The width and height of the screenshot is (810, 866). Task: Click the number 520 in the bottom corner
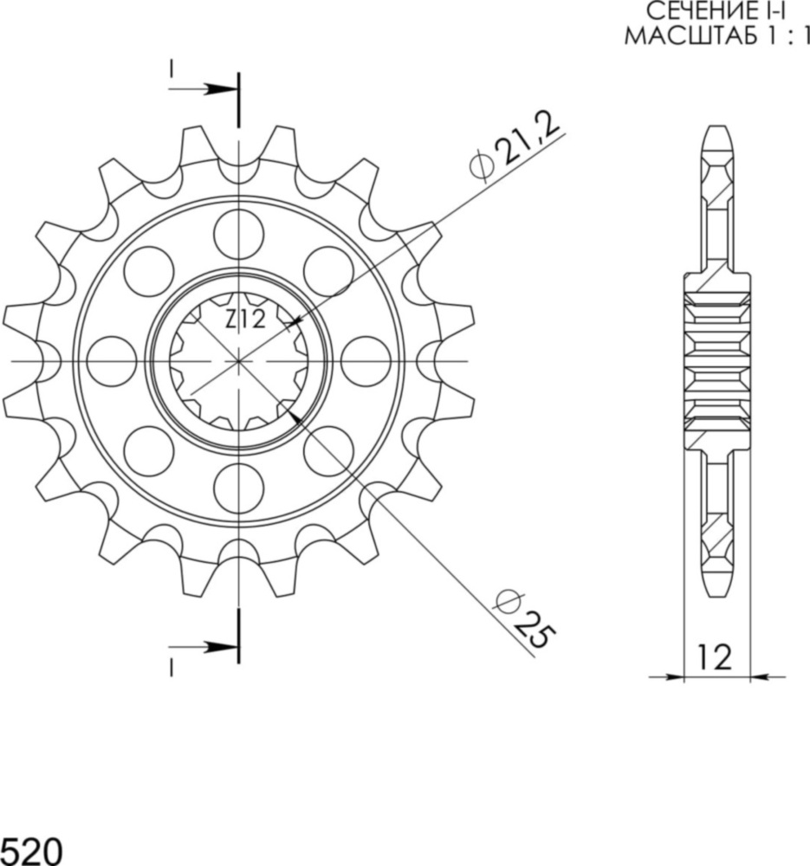pyautogui.click(x=31, y=850)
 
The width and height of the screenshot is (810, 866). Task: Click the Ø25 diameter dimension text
pyautogui.click(x=522, y=618)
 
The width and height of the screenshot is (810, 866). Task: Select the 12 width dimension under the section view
pyautogui.click(x=716, y=657)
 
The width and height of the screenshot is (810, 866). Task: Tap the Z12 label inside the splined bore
pyautogui.click(x=245, y=320)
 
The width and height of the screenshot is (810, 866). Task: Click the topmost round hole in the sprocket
pyautogui.click(x=238, y=234)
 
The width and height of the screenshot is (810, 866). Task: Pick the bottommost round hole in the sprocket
pyautogui.click(x=238, y=488)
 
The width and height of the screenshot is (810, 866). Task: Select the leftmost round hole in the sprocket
pyautogui.click(x=112, y=361)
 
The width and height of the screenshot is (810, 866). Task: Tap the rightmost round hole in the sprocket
pyautogui.click(x=366, y=361)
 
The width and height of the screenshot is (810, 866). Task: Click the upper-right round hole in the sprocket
pyautogui.click(x=328, y=271)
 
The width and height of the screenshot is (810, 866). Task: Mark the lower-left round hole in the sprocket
pyautogui.click(x=148, y=451)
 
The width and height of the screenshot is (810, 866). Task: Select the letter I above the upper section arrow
pyautogui.click(x=172, y=68)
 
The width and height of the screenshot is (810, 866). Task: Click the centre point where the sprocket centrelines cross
pyautogui.click(x=238, y=361)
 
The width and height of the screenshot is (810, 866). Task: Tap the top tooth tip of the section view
pyautogui.click(x=716, y=130)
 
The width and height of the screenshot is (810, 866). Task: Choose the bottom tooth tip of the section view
pyautogui.click(x=716, y=593)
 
